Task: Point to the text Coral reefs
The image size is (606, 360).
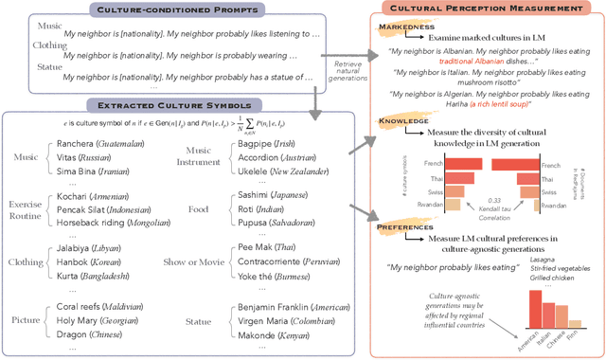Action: pyautogui.click(x=82, y=309)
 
